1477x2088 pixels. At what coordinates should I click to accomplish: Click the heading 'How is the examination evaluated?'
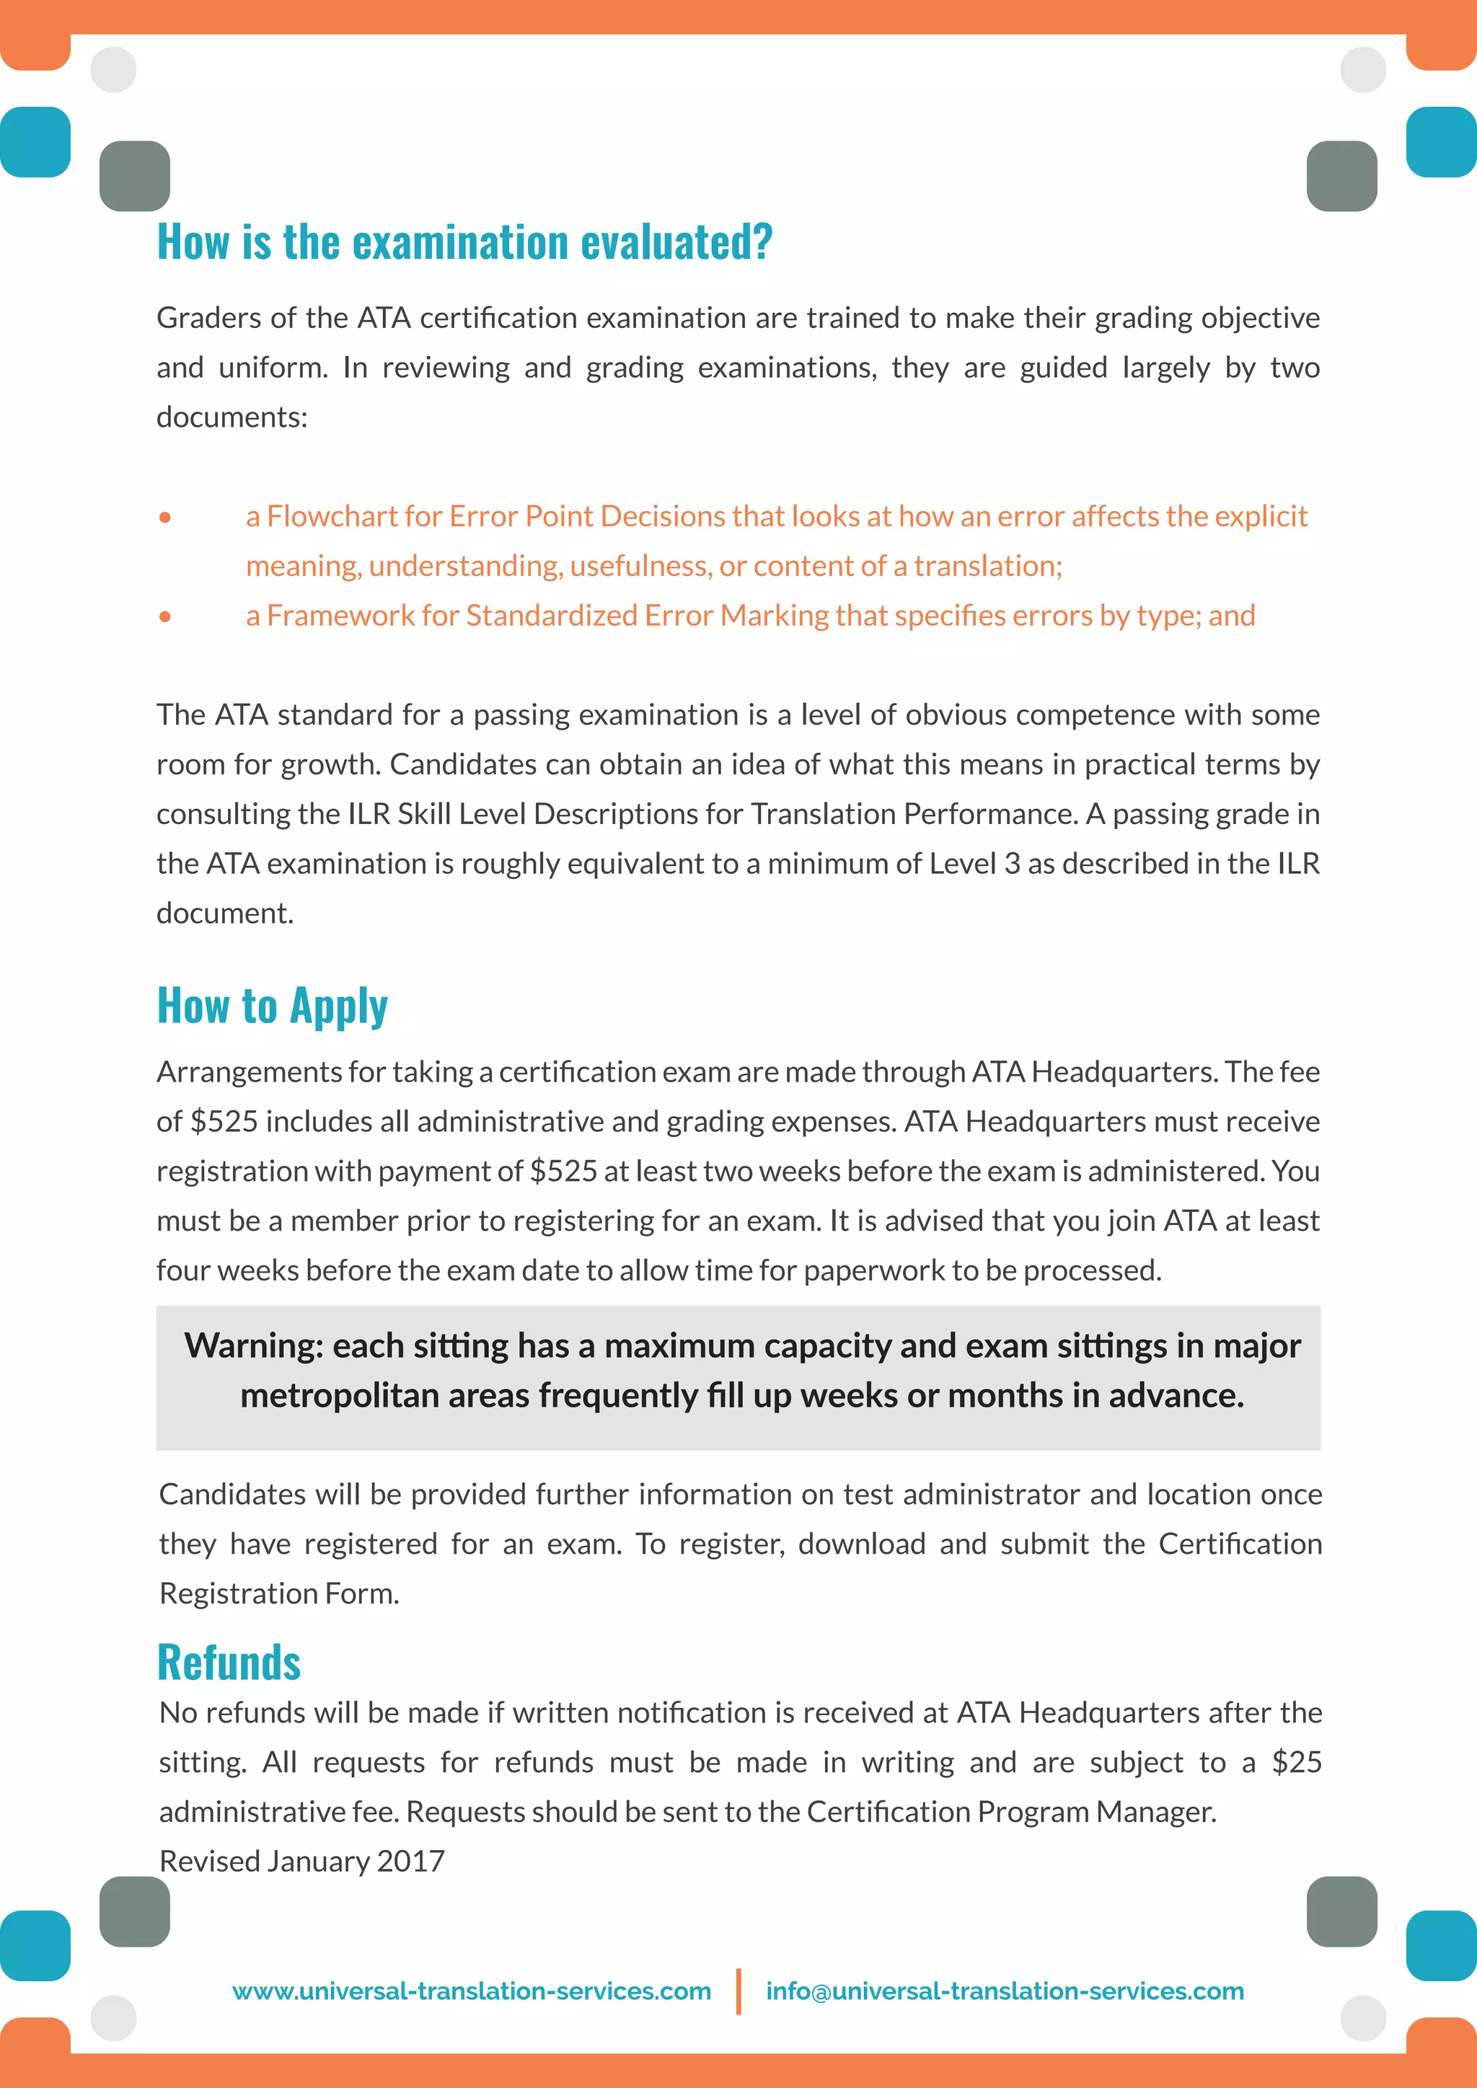[x=464, y=243]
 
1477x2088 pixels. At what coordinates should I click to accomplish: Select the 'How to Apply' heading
[x=272, y=1007]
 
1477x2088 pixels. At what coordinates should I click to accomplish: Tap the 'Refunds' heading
[x=229, y=1663]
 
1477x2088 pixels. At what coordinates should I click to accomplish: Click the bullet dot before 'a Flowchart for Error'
[x=164, y=518]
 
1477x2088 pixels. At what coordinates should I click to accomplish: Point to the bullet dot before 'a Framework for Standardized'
[x=164, y=616]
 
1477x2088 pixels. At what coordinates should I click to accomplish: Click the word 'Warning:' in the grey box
[x=253, y=1346]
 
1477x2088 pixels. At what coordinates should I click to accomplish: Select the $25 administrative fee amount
[x=1296, y=1762]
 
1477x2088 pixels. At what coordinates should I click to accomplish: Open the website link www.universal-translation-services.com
[x=471, y=1991]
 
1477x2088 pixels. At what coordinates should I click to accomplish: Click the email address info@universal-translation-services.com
[x=1004, y=1991]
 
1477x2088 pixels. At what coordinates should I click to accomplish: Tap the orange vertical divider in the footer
[x=738, y=1991]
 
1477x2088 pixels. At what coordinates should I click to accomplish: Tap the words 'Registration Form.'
[x=279, y=1594]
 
